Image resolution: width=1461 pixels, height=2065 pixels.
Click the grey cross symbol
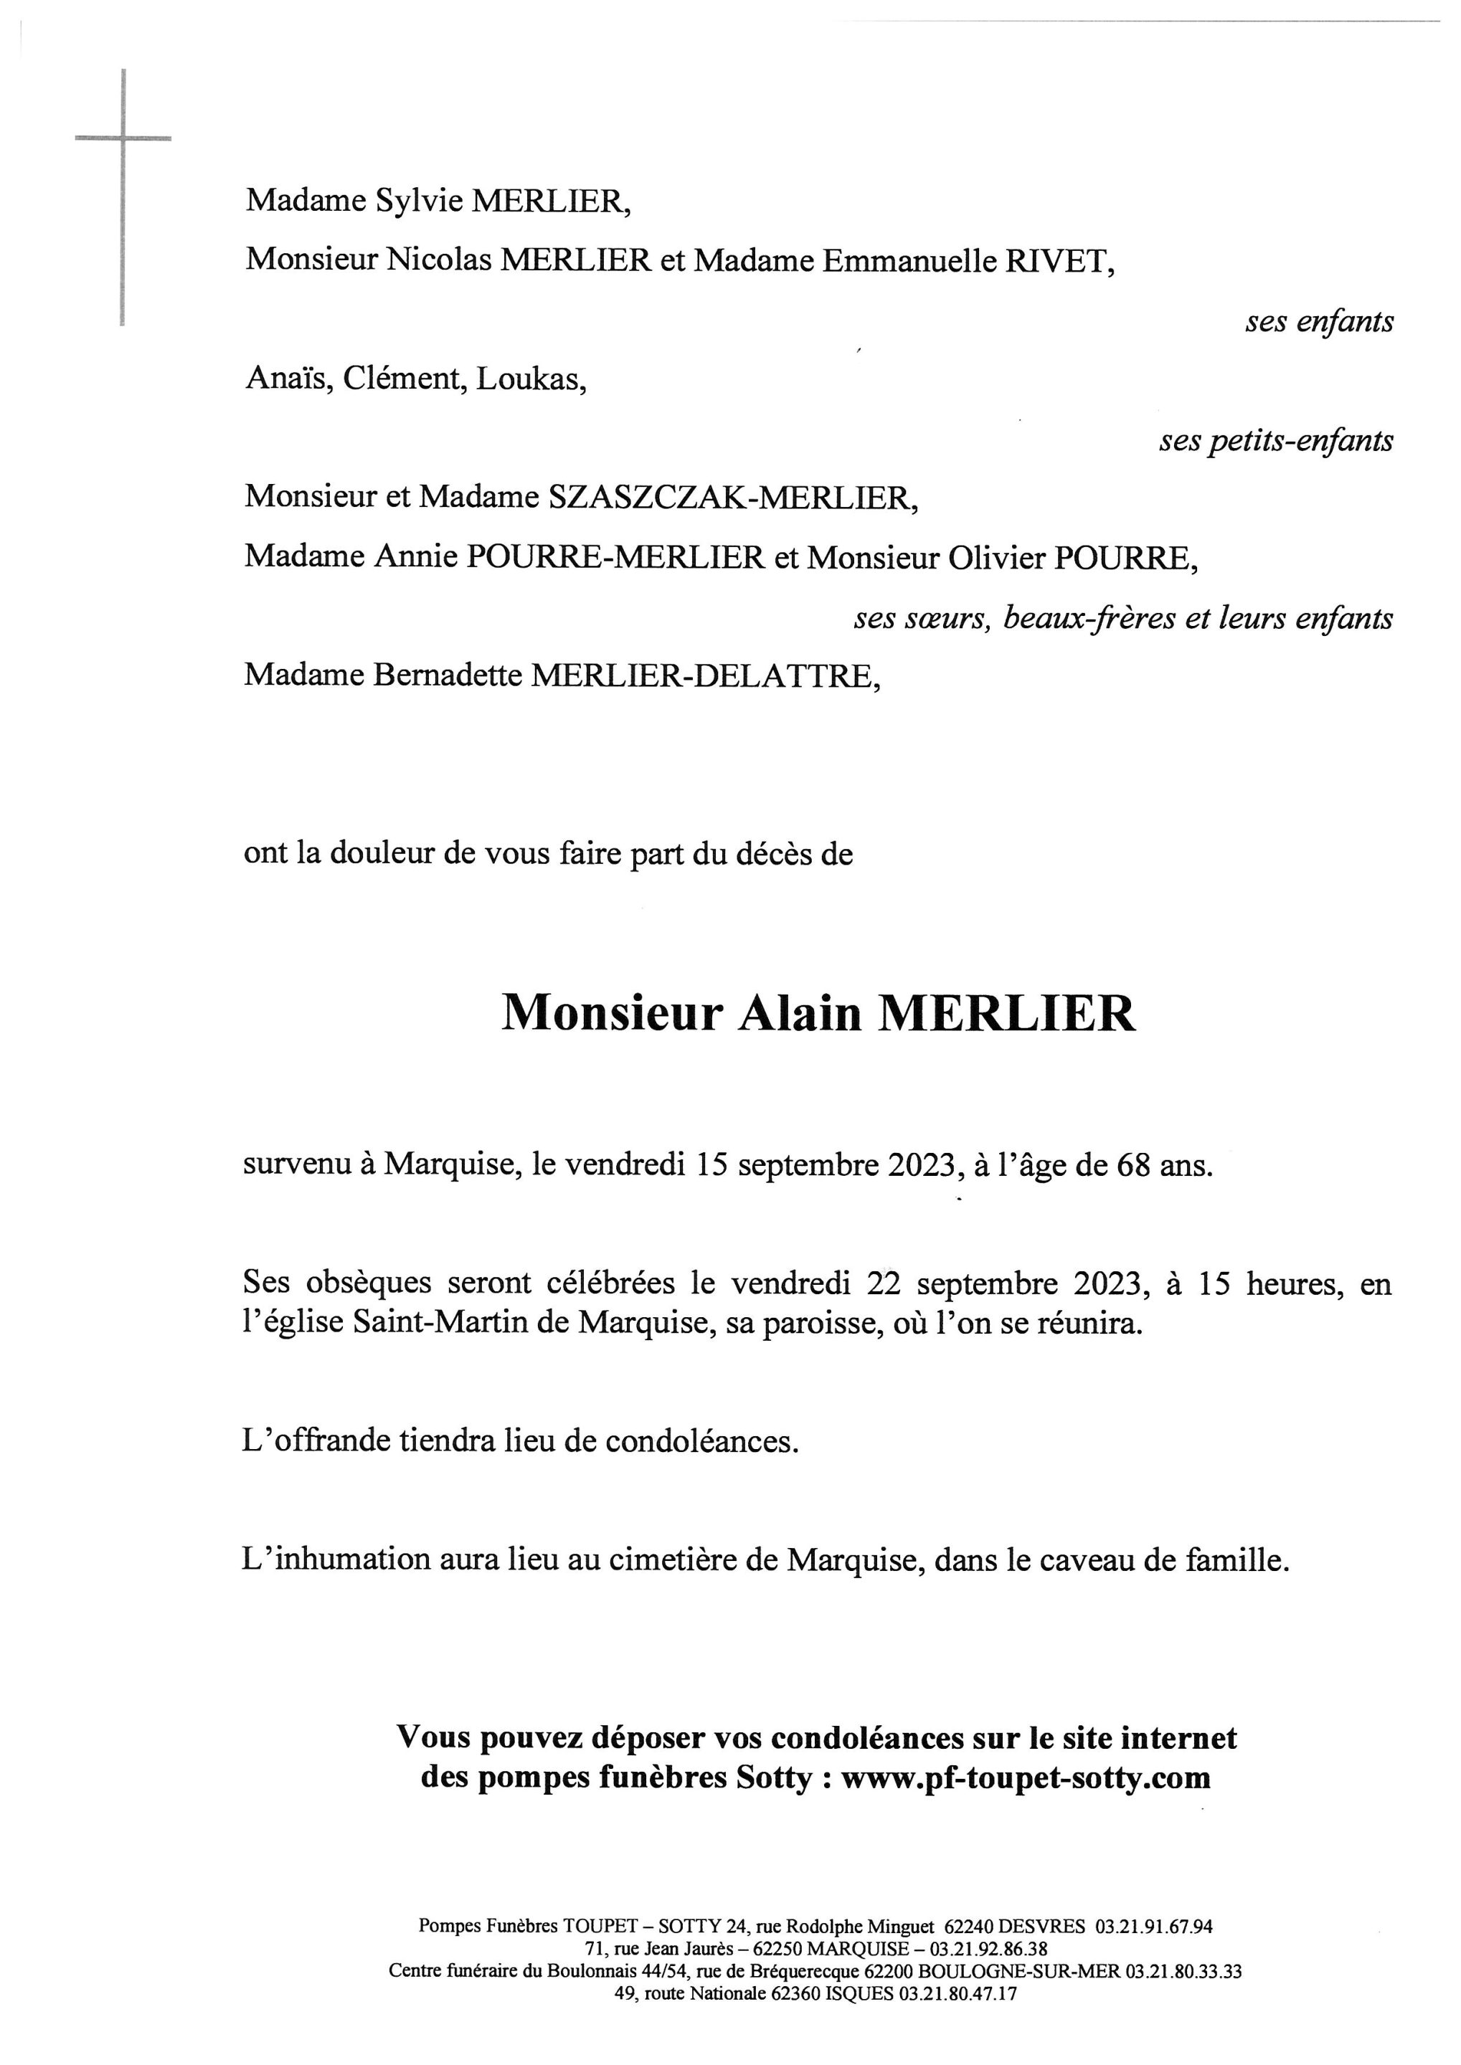[123, 139]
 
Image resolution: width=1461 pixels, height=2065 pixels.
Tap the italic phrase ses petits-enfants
[1276, 441]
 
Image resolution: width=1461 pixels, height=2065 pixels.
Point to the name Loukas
[531, 379]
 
